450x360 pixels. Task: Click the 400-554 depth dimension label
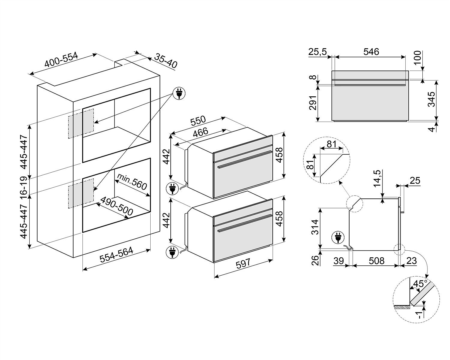61,59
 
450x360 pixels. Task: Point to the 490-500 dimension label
117,206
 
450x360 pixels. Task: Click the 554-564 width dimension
116,255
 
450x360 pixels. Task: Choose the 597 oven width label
243,264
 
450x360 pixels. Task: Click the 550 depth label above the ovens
198,121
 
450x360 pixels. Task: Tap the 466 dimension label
200,132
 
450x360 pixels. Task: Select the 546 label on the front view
371,52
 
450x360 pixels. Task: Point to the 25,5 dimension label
317,52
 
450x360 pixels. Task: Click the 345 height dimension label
431,99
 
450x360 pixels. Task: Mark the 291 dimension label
313,103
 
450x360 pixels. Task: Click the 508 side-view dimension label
376,261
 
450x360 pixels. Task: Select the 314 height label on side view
315,227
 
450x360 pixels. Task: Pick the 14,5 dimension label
377,179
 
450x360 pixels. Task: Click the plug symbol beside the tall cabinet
179,93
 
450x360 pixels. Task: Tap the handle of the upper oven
245,159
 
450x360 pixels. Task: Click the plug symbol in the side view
338,238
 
